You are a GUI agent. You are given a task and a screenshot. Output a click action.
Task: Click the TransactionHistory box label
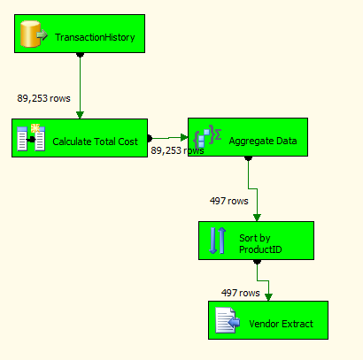(95, 37)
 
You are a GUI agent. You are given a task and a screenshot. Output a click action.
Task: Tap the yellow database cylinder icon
(30, 34)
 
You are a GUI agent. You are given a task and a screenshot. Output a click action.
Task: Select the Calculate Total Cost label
(95, 142)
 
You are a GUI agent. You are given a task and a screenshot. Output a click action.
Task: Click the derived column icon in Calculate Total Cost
(31, 138)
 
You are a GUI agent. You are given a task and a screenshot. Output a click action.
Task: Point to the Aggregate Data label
(263, 141)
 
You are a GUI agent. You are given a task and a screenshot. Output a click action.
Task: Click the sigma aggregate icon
(207, 136)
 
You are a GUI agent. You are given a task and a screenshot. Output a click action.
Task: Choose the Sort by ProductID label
(260, 244)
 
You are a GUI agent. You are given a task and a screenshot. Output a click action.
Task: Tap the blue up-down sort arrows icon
(218, 241)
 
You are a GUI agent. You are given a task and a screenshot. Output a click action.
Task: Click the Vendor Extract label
(281, 324)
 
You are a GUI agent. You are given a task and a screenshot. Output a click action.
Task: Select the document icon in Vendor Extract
(228, 320)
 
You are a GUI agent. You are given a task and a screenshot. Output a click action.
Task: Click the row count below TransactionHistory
(43, 98)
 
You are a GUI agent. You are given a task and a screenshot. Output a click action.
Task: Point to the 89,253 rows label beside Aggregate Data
(177, 150)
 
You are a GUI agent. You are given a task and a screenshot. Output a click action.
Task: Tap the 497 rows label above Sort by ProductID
(229, 201)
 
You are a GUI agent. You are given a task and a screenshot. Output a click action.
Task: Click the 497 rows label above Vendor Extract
(241, 293)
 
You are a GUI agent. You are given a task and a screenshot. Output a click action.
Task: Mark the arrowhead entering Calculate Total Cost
(80, 115)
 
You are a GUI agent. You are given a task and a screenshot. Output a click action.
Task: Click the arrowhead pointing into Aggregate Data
(184, 137)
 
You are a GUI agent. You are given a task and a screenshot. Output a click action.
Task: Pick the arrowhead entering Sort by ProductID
(257, 218)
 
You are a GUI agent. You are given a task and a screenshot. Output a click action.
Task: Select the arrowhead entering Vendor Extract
(268, 297)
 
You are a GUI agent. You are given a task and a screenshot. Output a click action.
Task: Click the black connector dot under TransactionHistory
(80, 55)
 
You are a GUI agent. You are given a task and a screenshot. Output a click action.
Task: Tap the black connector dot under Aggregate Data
(248, 158)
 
